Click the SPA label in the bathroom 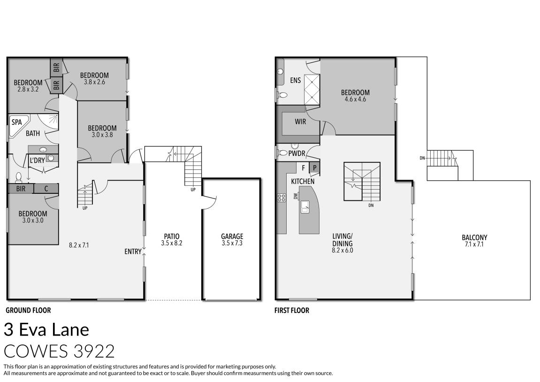click(17, 122)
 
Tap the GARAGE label click(232, 237)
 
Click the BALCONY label click(474, 237)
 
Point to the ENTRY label click(133, 252)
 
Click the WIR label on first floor click(300, 122)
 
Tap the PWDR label click(297, 153)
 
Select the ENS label click(295, 80)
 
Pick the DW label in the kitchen click(296, 197)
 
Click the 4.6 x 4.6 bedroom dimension click(355, 99)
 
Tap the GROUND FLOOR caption click(28, 310)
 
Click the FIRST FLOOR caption click(292, 310)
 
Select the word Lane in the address click(68, 329)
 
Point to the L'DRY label click(37, 160)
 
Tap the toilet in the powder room click(282, 153)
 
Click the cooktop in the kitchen click(281, 198)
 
